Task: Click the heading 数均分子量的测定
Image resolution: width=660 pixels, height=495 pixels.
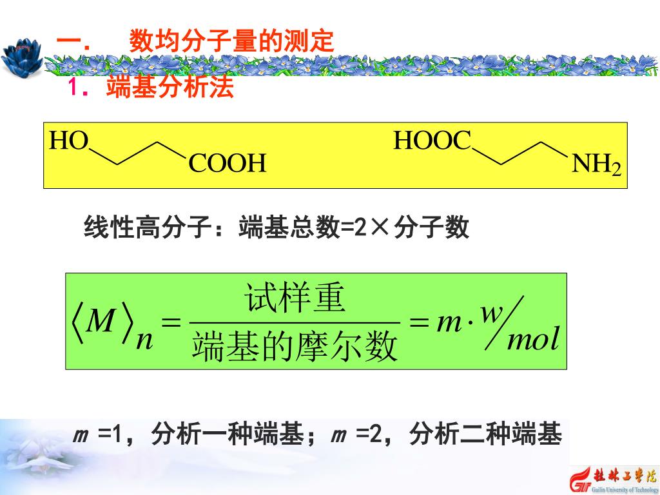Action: coord(231,42)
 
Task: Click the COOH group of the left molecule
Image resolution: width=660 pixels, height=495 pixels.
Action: coord(228,164)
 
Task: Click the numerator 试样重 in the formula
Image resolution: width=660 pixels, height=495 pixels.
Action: coord(296,300)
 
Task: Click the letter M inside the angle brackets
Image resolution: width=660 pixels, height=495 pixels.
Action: coord(100,320)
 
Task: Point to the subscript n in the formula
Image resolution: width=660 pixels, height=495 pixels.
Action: coord(145,339)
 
